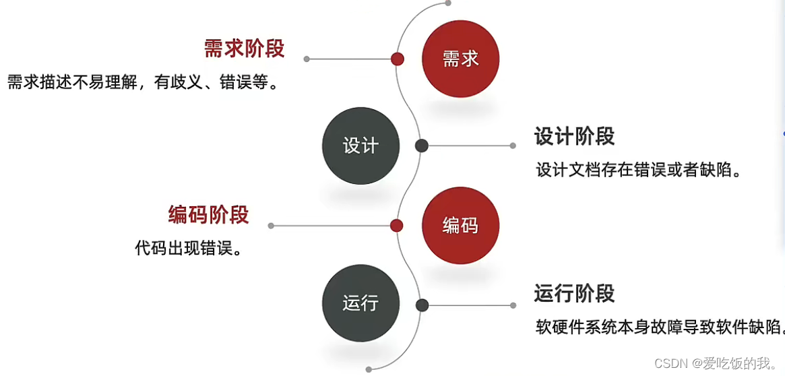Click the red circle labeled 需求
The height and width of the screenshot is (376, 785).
(x=461, y=59)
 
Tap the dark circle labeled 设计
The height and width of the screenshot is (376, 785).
(x=361, y=146)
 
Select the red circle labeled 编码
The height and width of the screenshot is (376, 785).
(x=461, y=226)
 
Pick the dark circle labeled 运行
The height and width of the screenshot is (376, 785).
(x=361, y=303)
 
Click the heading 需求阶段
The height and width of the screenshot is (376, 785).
(x=245, y=49)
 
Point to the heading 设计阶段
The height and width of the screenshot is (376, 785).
(x=574, y=136)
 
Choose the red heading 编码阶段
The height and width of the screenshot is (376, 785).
(x=208, y=214)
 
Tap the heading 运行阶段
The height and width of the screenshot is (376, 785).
(x=574, y=294)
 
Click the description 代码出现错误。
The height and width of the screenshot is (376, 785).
(x=189, y=249)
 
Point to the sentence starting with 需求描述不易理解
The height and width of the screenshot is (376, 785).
(x=143, y=83)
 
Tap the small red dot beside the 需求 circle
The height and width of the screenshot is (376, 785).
(x=398, y=59)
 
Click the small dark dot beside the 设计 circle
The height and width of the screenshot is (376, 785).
(x=422, y=146)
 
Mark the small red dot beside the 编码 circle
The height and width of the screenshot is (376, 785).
(x=397, y=226)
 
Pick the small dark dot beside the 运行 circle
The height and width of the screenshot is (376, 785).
(x=422, y=305)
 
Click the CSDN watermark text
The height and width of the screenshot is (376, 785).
(x=716, y=364)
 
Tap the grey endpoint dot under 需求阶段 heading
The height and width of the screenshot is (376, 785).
(x=307, y=59)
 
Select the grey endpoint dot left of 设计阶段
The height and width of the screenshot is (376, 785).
(x=513, y=146)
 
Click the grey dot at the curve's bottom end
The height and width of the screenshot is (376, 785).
(x=369, y=369)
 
